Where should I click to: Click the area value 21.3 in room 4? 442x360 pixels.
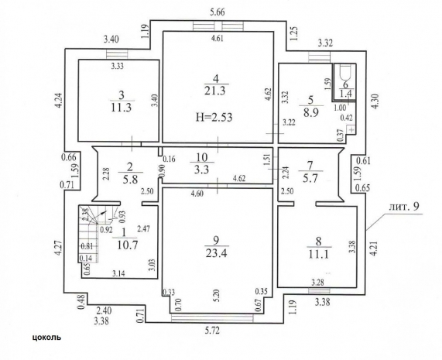(x=214, y=91)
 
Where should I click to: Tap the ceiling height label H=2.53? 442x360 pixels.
(x=214, y=117)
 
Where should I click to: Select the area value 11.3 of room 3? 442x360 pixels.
(x=122, y=108)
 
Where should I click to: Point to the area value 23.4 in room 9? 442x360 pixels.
(x=217, y=253)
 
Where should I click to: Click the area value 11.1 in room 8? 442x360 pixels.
(x=319, y=254)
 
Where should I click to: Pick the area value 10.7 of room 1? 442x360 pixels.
(x=127, y=245)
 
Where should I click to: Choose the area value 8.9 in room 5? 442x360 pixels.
(x=311, y=112)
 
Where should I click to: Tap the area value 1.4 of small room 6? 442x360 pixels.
(x=346, y=93)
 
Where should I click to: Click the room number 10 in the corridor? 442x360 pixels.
(x=202, y=156)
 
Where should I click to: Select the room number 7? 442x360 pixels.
(x=310, y=165)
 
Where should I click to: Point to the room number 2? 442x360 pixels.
(x=130, y=167)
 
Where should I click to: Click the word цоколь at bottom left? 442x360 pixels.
(x=46, y=338)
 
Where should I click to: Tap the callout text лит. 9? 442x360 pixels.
(x=404, y=207)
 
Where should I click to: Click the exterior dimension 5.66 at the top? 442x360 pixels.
(x=218, y=12)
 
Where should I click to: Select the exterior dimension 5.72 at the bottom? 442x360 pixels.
(x=211, y=330)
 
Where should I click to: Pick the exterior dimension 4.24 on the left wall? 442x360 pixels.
(x=58, y=101)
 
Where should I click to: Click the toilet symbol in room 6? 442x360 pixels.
(x=345, y=73)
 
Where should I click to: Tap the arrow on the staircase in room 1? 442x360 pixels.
(x=101, y=214)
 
